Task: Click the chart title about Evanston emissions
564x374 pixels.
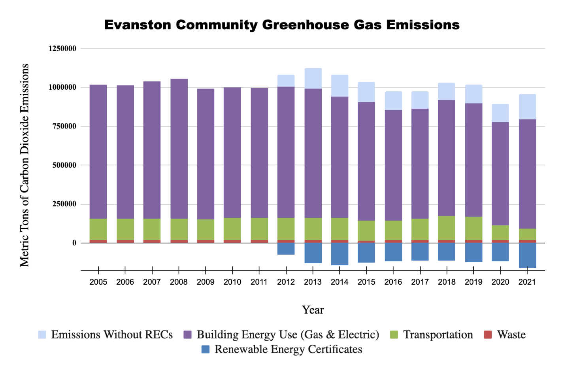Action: coord(282,25)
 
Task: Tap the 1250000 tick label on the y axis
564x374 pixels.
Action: coord(62,49)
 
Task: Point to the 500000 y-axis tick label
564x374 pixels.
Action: coord(64,165)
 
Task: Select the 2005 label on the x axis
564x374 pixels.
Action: coord(98,282)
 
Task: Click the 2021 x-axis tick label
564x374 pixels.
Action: coord(527,282)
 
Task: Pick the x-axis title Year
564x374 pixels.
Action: coord(313,310)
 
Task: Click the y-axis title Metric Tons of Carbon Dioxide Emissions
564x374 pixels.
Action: coord(25,165)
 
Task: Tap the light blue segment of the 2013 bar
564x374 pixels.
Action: coord(313,78)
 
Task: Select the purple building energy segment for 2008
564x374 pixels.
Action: coord(179,148)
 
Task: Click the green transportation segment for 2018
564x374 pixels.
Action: coord(447,228)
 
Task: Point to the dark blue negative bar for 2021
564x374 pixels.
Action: coord(527,255)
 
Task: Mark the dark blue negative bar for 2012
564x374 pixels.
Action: coord(286,249)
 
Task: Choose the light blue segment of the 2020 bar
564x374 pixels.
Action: coord(500,113)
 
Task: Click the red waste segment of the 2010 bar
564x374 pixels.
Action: coord(232,241)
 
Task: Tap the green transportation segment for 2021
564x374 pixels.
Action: coord(527,234)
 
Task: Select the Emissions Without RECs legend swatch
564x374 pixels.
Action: coord(42,335)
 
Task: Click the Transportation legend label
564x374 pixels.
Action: coord(438,335)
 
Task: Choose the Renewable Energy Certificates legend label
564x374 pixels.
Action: coord(288,349)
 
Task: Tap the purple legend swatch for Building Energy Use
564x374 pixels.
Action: coord(188,335)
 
